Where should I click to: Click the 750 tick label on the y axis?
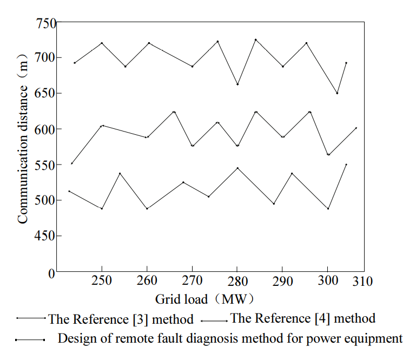coord(47,23)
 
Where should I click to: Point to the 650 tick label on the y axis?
coord(47,94)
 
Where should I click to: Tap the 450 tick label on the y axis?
coord(47,236)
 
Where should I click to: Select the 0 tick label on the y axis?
coord(52,273)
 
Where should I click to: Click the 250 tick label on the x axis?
coord(102,281)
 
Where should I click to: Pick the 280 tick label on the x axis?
coord(237,281)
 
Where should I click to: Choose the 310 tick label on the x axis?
coord(364,281)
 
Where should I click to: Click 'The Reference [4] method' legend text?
coord(302,318)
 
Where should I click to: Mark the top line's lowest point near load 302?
coord(337,93)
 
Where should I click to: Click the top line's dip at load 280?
coord(237,84)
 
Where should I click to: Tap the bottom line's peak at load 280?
coord(237,168)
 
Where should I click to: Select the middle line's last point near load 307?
coord(356,128)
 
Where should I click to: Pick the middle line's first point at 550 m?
coord(72,163)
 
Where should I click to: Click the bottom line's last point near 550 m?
coord(346,164)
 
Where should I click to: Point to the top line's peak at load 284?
coord(255,40)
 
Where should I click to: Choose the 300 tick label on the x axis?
coord(327,281)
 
